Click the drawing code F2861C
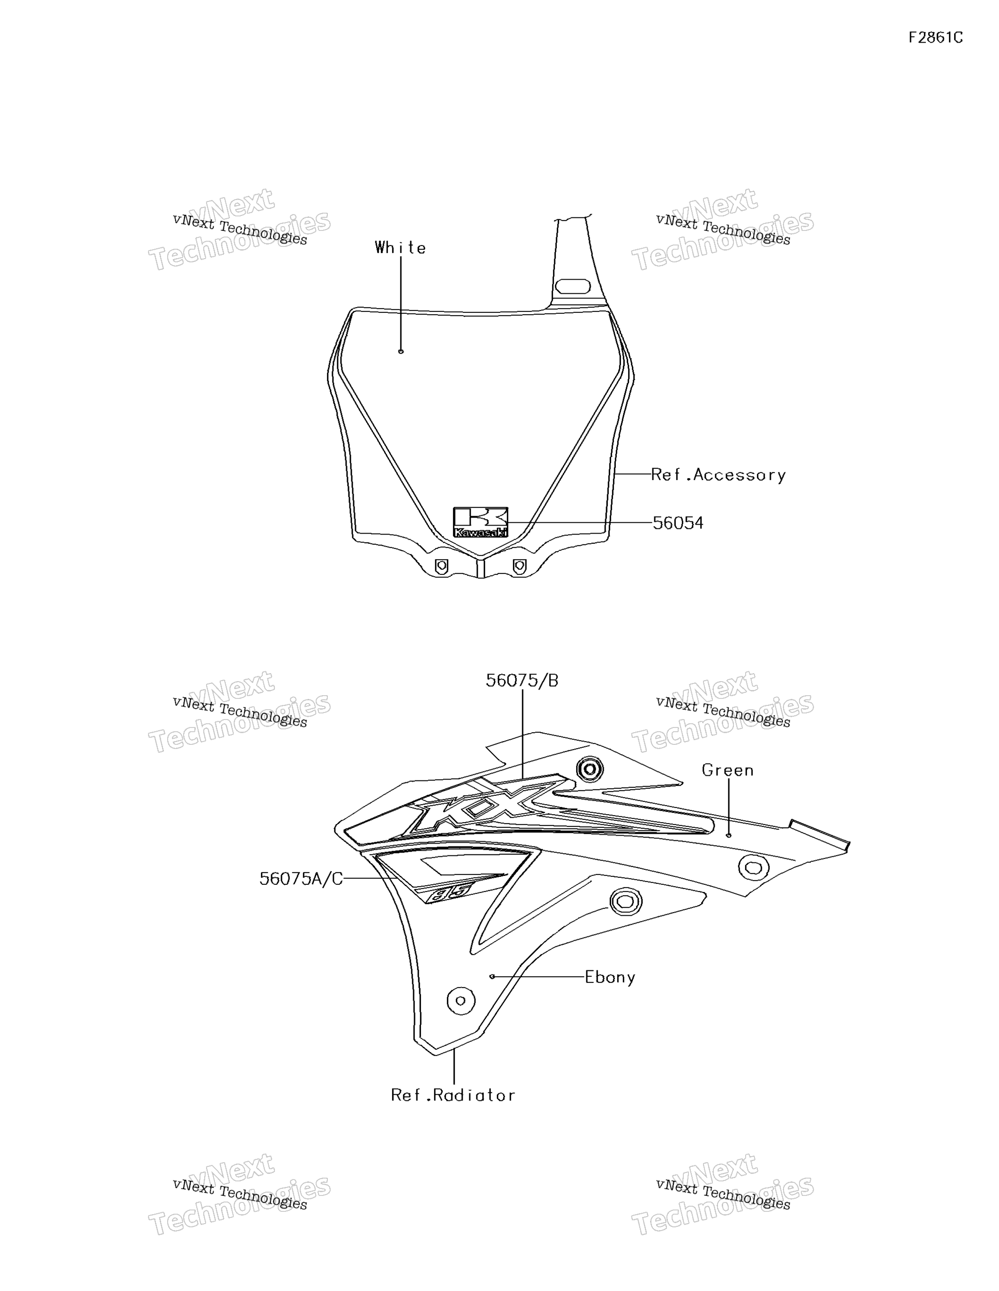(936, 38)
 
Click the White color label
(400, 248)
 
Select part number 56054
(678, 523)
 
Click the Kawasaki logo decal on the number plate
(481, 522)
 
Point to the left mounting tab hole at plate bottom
(441, 566)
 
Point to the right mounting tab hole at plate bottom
(519, 566)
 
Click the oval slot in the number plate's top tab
(573, 287)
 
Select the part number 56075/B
(522, 681)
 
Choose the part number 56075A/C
(301, 879)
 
